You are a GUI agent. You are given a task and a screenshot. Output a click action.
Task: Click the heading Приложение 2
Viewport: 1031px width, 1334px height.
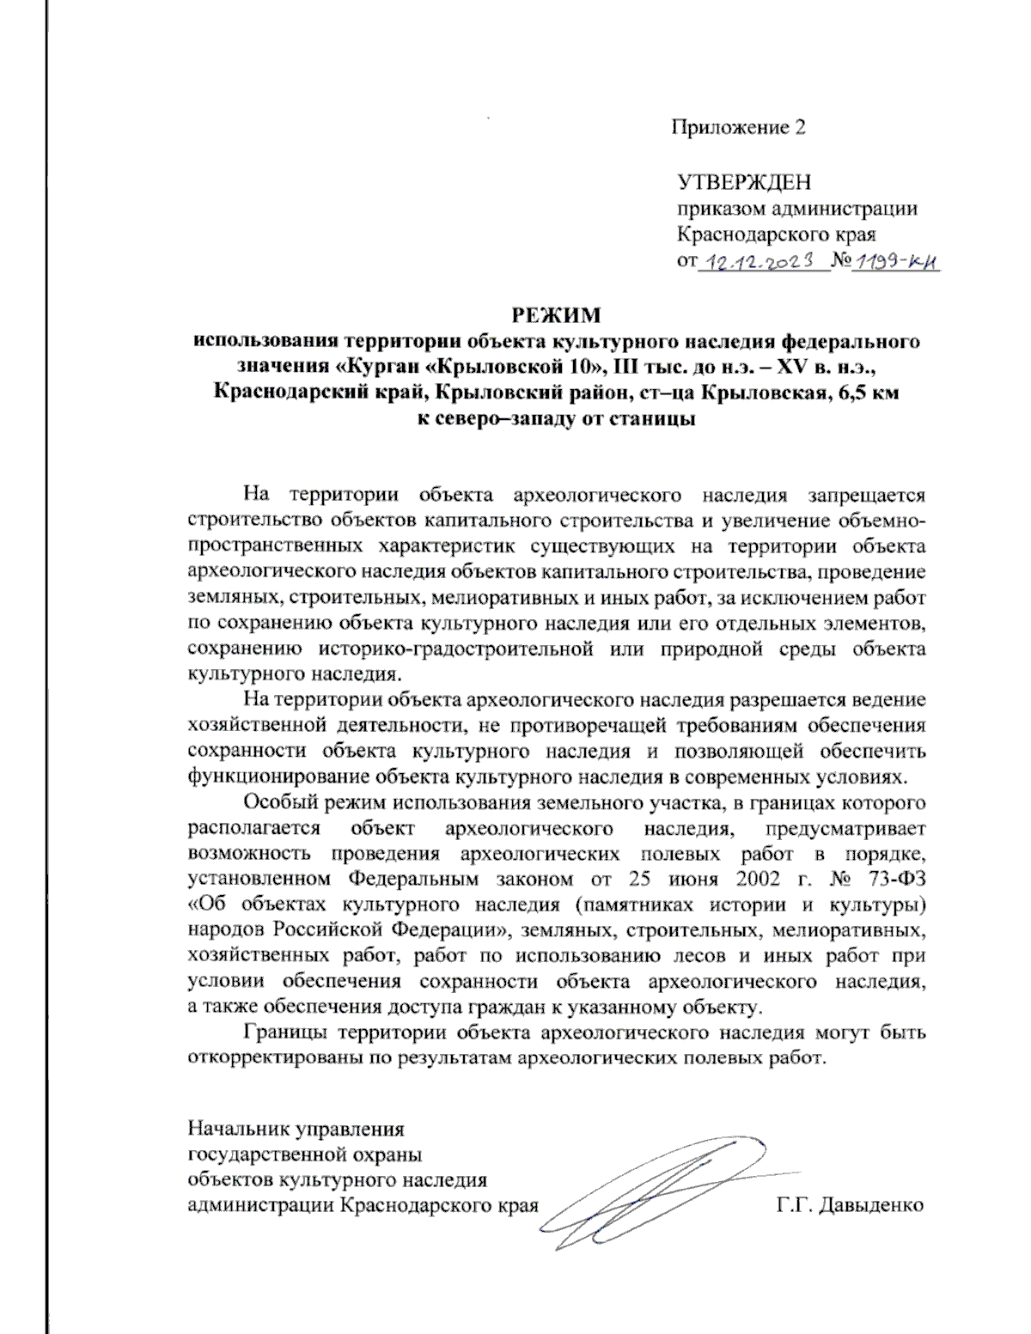pyautogui.click(x=738, y=128)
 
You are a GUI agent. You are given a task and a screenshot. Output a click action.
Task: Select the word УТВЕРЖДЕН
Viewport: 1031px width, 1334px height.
pyautogui.click(x=744, y=183)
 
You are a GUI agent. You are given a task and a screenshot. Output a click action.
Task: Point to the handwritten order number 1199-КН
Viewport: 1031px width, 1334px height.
pyautogui.click(x=895, y=263)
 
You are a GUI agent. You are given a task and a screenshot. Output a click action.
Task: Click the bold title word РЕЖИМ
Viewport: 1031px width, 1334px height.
pyautogui.click(x=557, y=315)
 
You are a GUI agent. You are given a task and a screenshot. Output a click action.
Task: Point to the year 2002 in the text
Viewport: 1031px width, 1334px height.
pyautogui.click(x=758, y=880)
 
